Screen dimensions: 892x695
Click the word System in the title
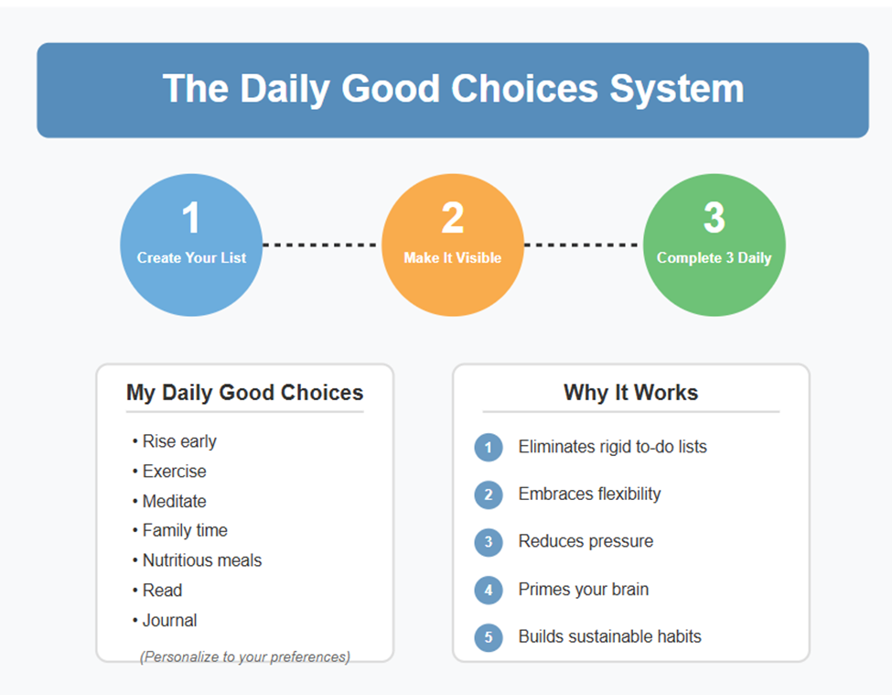tap(676, 90)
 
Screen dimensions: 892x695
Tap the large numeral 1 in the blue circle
tap(190, 217)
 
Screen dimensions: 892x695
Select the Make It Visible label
tap(452, 258)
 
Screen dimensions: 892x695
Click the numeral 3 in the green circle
tap(714, 217)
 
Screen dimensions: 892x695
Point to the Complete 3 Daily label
tap(714, 258)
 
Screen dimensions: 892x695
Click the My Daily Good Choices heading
tap(244, 393)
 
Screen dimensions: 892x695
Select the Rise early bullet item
tap(175, 441)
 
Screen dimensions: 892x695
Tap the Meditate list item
tap(169, 501)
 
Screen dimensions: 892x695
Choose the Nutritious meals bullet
tap(197, 560)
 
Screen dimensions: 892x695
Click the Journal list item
tap(165, 620)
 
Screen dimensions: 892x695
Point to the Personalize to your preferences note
tap(244, 657)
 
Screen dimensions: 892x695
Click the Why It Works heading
tap(631, 393)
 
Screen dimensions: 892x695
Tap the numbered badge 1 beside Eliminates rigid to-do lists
tap(489, 448)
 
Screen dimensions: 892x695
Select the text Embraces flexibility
tap(589, 494)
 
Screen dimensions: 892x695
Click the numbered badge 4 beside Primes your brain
tap(489, 590)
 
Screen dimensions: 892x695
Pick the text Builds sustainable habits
tap(610, 636)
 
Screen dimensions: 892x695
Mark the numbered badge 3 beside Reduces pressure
tap(489, 542)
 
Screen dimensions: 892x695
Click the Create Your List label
tap(191, 258)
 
